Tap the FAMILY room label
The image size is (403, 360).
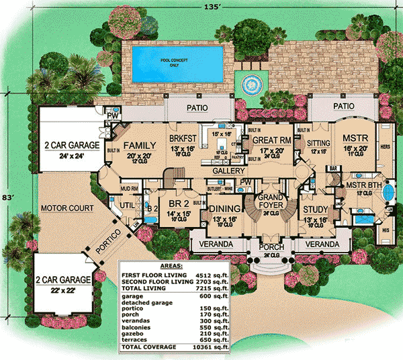point(140,126)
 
